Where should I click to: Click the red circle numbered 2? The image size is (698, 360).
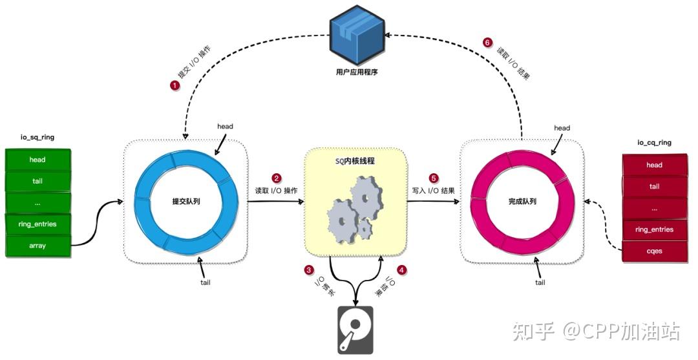click(277, 178)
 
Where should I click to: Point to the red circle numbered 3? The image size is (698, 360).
click(309, 270)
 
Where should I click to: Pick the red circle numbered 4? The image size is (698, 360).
click(402, 270)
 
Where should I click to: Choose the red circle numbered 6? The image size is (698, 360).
click(487, 42)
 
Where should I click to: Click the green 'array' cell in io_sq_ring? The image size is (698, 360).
click(37, 246)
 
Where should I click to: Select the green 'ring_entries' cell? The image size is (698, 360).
click(37, 224)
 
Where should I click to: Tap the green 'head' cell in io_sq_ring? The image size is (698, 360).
click(37, 159)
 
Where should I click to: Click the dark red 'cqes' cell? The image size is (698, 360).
click(654, 251)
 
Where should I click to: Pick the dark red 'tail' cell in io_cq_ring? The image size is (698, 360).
click(654, 187)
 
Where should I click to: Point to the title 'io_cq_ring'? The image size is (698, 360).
click(653, 142)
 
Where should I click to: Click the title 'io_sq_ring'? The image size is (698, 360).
click(37, 138)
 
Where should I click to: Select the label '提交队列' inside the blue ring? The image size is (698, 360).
click(186, 202)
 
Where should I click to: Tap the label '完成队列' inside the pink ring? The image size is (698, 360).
click(522, 202)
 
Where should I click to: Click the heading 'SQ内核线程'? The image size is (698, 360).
click(355, 161)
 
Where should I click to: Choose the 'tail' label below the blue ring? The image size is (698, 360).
click(205, 282)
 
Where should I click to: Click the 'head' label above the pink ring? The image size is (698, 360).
click(562, 128)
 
